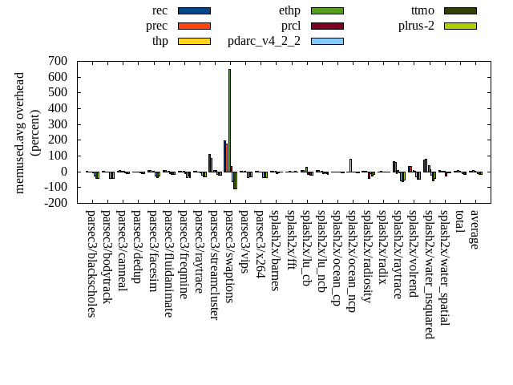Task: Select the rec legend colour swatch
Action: (x=193, y=10)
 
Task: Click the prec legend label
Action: (x=157, y=26)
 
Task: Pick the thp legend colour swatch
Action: (x=193, y=41)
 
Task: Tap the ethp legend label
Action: (x=290, y=10)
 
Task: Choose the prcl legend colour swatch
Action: (x=326, y=26)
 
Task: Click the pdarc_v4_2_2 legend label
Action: (x=265, y=41)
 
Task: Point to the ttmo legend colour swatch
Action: (x=459, y=10)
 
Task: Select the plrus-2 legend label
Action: (x=417, y=26)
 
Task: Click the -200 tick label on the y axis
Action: (x=55, y=203)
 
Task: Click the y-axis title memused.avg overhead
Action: (x=20, y=132)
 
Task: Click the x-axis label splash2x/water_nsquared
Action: (x=429, y=274)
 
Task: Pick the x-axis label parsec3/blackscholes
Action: (x=91, y=263)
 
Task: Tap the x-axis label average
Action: (x=475, y=229)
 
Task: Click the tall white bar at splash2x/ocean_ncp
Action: (x=350, y=164)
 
